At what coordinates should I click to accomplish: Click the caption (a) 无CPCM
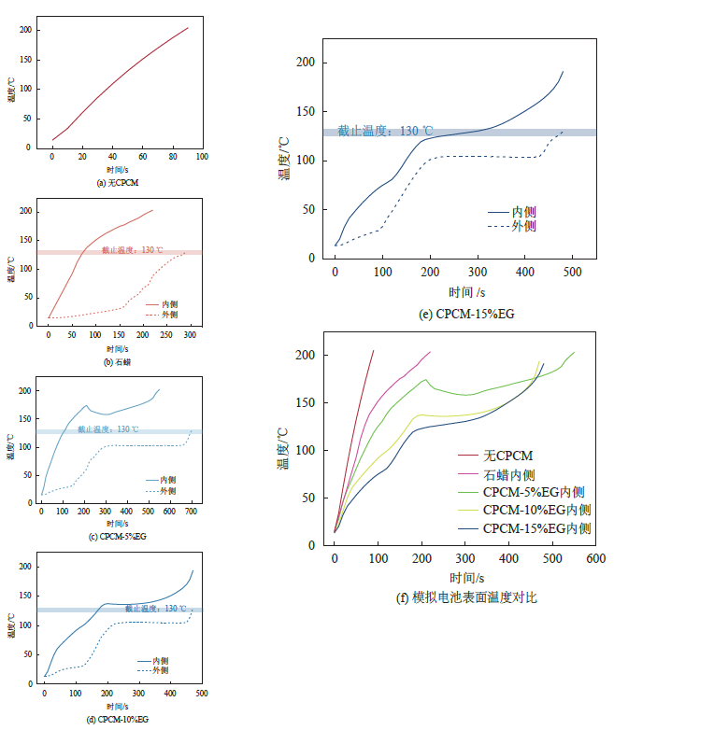click(117, 184)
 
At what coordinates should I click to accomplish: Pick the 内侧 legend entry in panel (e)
click(524, 212)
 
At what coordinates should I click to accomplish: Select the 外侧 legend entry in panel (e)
click(524, 226)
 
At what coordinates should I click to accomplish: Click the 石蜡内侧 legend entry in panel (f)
click(508, 473)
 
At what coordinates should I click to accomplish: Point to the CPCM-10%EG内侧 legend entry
click(536, 510)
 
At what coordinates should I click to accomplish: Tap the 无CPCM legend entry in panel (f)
click(508, 456)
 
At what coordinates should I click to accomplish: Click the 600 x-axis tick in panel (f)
click(596, 558)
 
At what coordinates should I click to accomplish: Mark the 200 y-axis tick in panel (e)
click(305, 63)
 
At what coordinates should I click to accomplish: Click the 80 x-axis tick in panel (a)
click(173, 156)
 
